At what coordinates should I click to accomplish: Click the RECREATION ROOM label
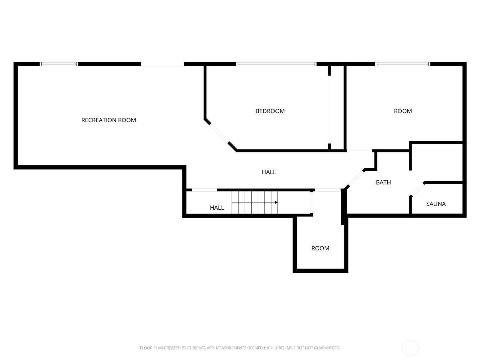(x=109, y=120)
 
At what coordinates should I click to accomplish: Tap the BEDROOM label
(x=270, y=111)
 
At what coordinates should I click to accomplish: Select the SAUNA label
(x=436, y=204)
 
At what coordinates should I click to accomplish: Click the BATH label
(x=383, y=182)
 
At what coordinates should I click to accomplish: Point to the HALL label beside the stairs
(x=217, y=208)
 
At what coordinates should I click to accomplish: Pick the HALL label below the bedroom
(x=268, y=172)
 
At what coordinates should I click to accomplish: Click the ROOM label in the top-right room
(x=403, y=111)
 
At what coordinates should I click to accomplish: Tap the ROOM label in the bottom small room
(x=320, y=248)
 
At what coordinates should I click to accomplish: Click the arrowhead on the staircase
(x=276, y=202)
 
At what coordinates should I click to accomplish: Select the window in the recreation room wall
(x=59, y=64)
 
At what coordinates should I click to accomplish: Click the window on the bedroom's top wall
(x=276, y=64)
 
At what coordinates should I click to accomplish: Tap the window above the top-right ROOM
(x=403, y=64)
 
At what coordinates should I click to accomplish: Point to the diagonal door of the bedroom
(x=219, y=133)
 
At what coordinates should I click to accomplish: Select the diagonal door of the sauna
(x=417, y=189)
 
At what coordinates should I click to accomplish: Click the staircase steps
(x=254, y=202)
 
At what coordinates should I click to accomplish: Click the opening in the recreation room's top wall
(x=162, y=64)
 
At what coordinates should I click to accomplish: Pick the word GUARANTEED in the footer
(x=328, y=348)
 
